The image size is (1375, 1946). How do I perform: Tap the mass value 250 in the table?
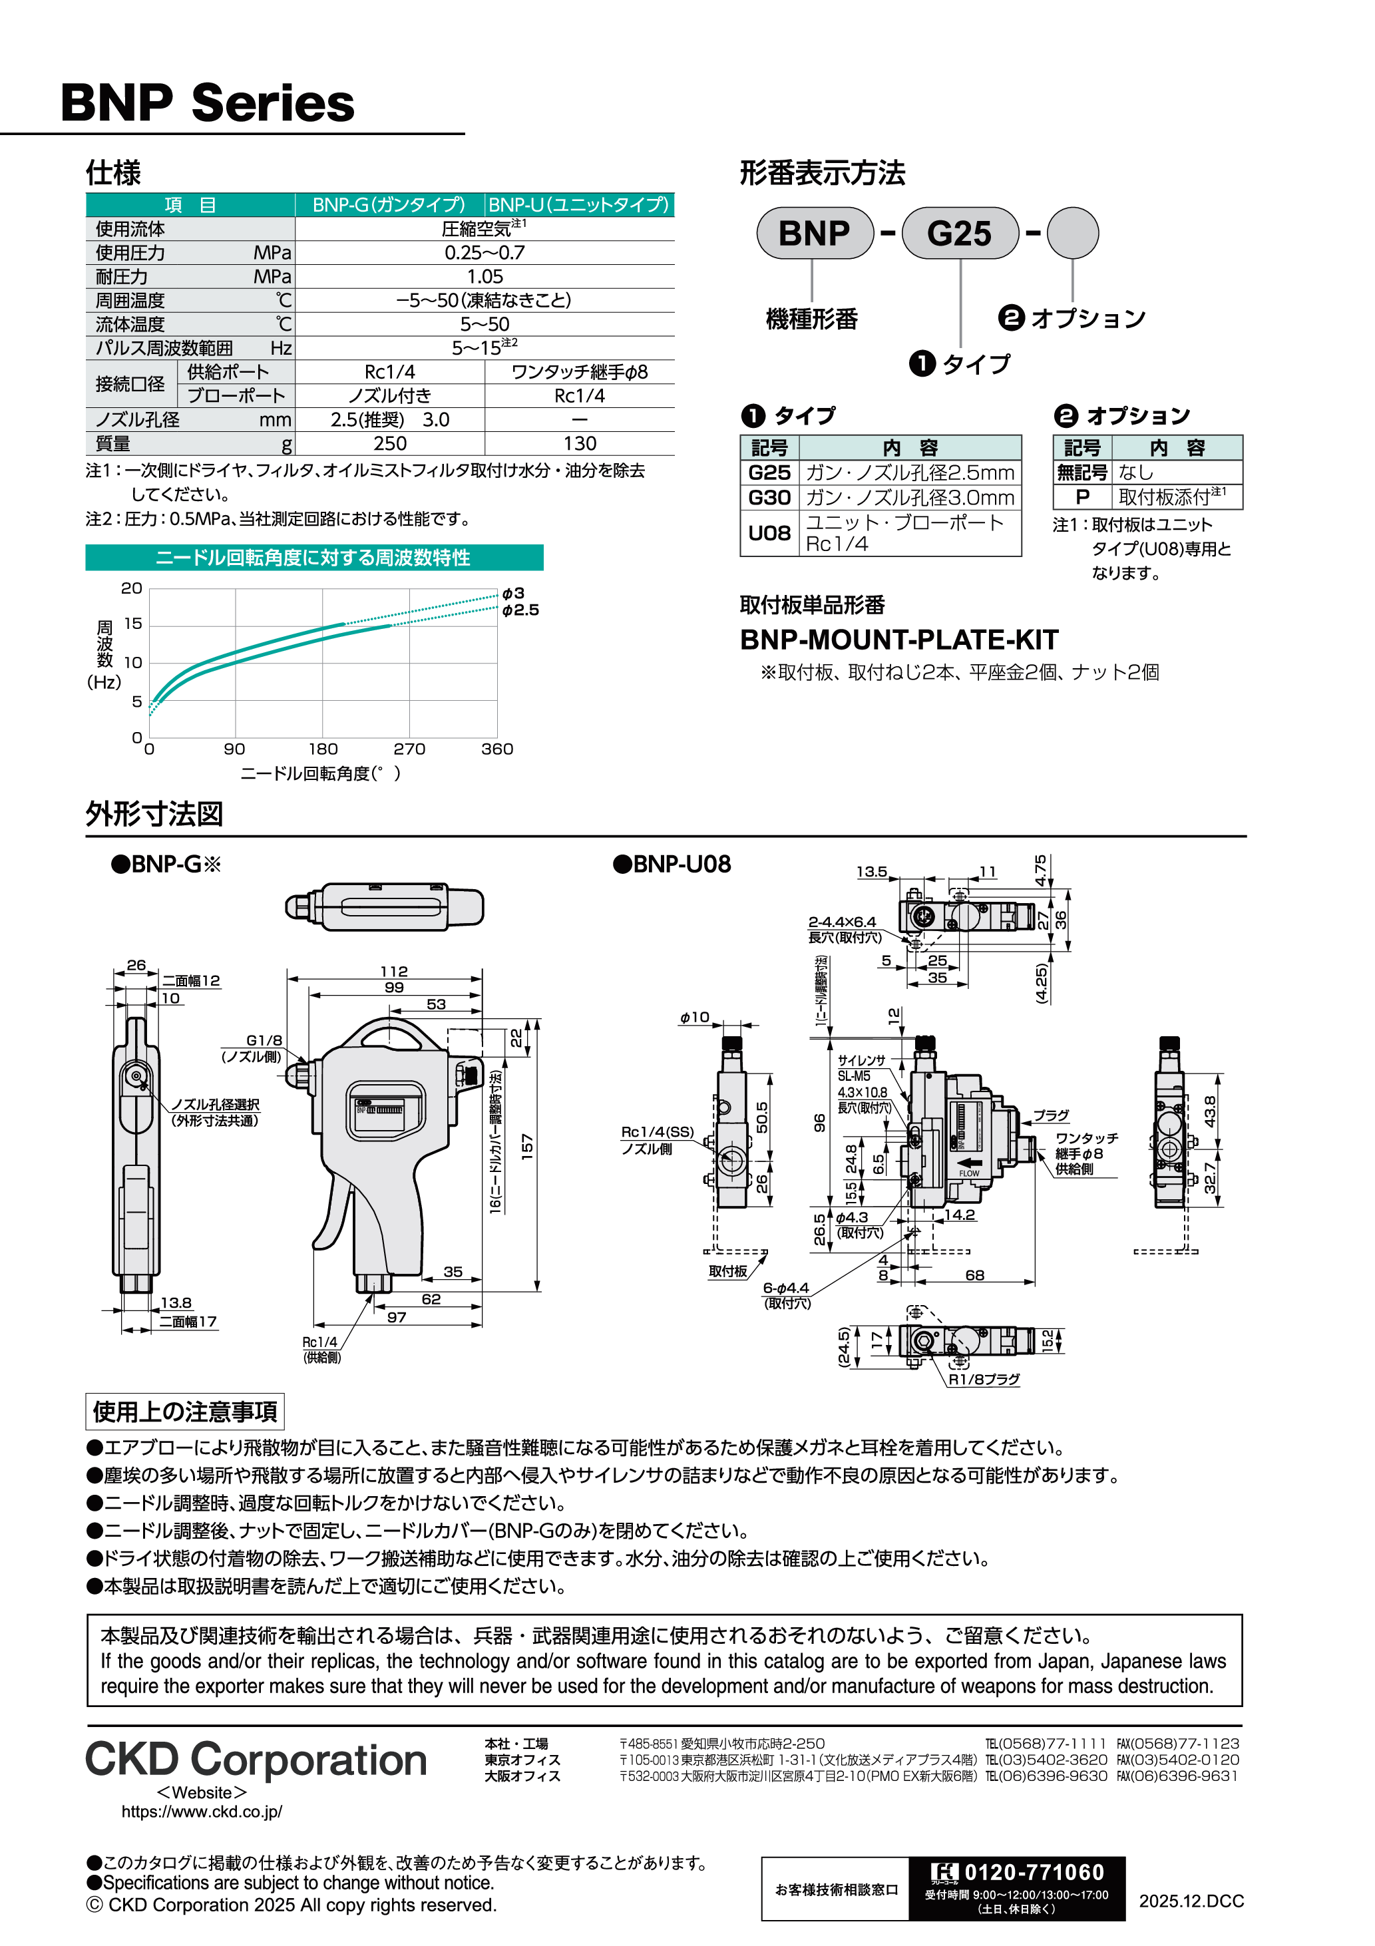click(390, 443)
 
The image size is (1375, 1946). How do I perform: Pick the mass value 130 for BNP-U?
click(579, 443)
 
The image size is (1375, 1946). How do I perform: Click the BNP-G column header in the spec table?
click(389, 204)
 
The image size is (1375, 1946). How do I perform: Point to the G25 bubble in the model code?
click(959, 233)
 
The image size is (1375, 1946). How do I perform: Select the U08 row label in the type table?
click(769, 532)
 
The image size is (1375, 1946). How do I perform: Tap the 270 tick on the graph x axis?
click(409, 749)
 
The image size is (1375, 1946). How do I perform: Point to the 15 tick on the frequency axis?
click(133, 624)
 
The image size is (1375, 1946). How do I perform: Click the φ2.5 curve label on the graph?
click(520, 610)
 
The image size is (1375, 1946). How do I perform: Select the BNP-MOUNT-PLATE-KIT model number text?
click(898, 639)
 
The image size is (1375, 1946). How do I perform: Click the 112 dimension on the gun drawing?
click(393, 971)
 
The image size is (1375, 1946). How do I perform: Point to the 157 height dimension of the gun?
click(526, 1147)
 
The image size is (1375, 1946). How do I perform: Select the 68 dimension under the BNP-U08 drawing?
click(974, 1274)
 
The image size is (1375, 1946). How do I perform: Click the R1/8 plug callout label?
click(984, 1379)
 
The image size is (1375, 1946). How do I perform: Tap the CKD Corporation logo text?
click(256, 1760)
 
